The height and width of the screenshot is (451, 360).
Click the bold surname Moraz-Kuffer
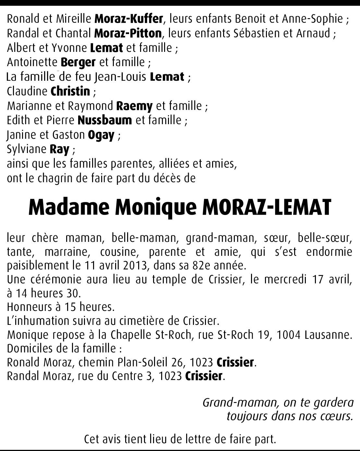128,19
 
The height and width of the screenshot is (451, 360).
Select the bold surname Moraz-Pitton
128,33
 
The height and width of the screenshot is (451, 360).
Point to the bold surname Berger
78,62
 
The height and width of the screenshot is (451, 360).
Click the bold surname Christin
70,91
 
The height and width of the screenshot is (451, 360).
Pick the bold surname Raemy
134,106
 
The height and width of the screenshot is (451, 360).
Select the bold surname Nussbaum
105,120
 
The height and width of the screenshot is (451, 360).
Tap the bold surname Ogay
101,135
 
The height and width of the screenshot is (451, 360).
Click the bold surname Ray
59,149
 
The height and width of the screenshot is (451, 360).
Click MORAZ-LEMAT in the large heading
267,207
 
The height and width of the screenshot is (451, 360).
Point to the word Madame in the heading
69,207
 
